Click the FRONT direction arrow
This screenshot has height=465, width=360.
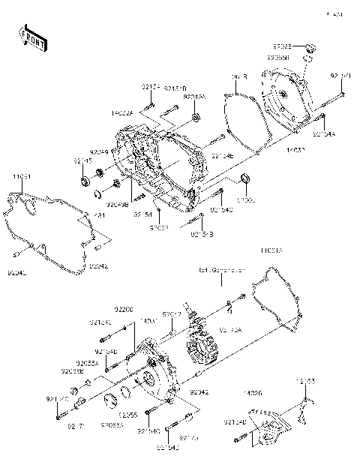[x=32, y=38]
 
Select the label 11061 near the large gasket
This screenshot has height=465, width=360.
[x=20, y=176]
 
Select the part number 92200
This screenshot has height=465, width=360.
[x=124, y=309]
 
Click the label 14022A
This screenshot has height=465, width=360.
[x=122, y=113]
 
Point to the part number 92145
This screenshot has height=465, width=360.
[x=82, y=160]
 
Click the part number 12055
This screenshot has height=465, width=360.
[x=128, y=414]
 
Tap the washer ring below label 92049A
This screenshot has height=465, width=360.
[x=196, y=117]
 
